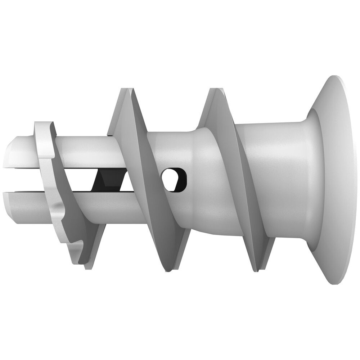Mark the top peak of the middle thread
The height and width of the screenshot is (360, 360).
pyautogui.click(x=124, y=89)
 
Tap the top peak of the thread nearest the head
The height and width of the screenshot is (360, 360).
pyautogui.click(x=216, y=89)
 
